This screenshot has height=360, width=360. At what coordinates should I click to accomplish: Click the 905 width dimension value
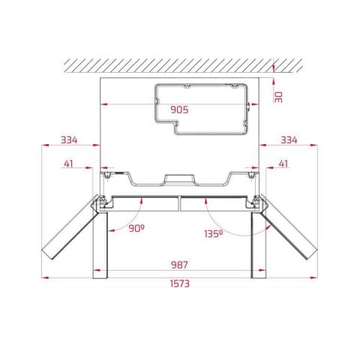point(178,109)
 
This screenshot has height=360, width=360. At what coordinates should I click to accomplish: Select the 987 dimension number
point(178,265)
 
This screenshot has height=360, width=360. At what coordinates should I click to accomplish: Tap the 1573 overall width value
point(178,283)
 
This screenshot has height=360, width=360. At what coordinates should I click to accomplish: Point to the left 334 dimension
point(70,140)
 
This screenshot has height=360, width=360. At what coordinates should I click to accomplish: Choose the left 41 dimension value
point(70,163)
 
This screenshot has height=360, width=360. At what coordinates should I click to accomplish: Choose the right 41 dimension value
point(283,163)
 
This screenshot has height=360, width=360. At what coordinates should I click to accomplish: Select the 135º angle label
point(212,234)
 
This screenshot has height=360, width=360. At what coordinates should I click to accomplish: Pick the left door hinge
point(98,201)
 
